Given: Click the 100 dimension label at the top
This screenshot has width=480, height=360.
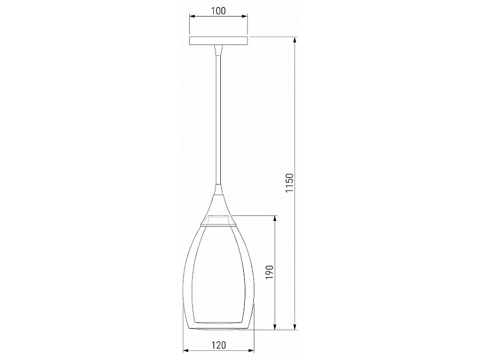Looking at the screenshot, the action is pos(218,11).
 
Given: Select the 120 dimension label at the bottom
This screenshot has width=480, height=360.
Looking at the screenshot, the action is pos(219,345).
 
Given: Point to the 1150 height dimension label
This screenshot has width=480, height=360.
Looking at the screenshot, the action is pos(289,183).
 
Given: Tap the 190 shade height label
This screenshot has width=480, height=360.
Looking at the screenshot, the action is pos(269,272).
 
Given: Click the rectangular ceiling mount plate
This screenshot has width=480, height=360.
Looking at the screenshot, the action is pos(218,41).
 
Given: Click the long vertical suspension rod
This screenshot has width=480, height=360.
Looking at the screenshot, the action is pos(218,120).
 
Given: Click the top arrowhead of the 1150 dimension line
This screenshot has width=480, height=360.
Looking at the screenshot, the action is pos(295,41).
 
